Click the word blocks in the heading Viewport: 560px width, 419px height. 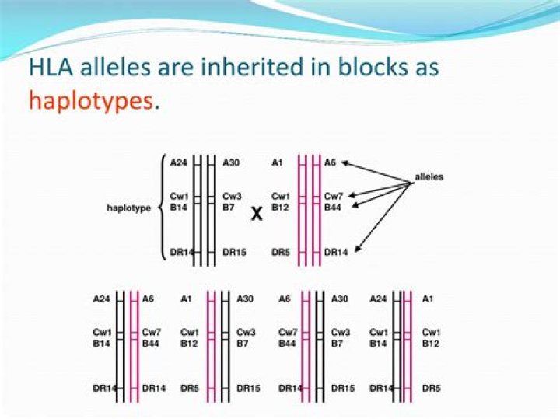[x=369, y=66]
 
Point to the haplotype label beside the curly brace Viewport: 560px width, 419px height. [x=128, y=208]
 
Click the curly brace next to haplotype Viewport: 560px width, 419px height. [x=163, y=208]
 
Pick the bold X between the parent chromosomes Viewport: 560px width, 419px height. [x=257, y=214]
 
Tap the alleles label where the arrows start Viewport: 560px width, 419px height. [x=429, y=176]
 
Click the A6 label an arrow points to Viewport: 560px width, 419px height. [x=330, y=162]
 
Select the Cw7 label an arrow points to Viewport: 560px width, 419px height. [x=334, y=197]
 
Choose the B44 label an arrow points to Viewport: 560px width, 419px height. [x=333, y=208]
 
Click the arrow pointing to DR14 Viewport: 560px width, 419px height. [x=383, y=218]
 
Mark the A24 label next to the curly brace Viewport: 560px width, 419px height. [x=179, y=162]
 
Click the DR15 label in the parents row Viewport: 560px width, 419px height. [x=234, y=253]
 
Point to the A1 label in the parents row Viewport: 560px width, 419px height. [x=277, y=162]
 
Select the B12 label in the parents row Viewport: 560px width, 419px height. [x=280, y=208]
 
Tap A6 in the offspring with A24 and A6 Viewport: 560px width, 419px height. [x=148, y=299]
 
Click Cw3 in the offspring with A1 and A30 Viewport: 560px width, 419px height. [x=246, y=333]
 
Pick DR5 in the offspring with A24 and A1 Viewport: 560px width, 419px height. [x=431, y=389]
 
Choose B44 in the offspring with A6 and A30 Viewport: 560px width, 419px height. [x=287, y=344]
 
